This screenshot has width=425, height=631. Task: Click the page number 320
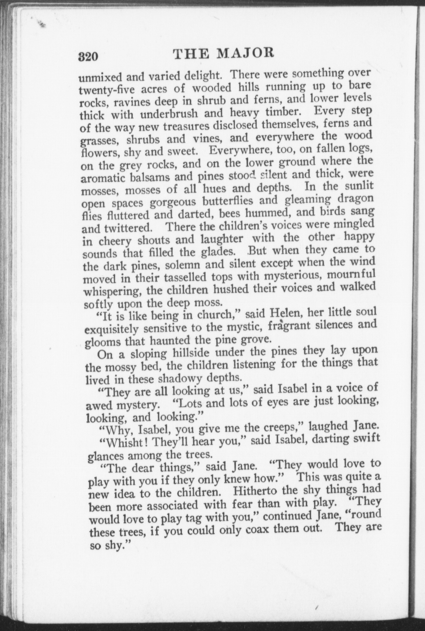(88, 57)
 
